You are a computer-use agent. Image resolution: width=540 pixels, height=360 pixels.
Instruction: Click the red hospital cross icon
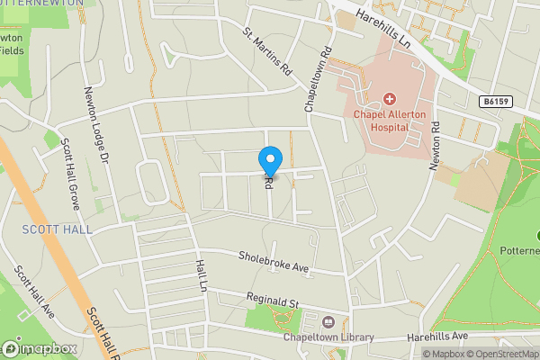pyautogui.click(x=390, y=98)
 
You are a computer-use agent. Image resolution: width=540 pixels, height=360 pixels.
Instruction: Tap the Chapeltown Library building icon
pyautogui.click(x=326, y=321)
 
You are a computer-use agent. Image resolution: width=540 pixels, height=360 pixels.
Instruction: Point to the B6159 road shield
pyautogui.click(x=494, y=103)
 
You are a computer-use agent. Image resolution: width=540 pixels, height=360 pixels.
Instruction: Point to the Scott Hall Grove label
pyautogui.click(x=70, y=173)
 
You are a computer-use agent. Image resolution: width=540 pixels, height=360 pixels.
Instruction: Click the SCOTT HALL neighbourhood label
pyautogui.click(x=57, y=230)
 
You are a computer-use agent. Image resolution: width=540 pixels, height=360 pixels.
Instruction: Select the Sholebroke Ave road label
pyautogui.click(x=274, y=262)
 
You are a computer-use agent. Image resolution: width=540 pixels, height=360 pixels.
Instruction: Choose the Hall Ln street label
pyautogui.click(x=201, y=275)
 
